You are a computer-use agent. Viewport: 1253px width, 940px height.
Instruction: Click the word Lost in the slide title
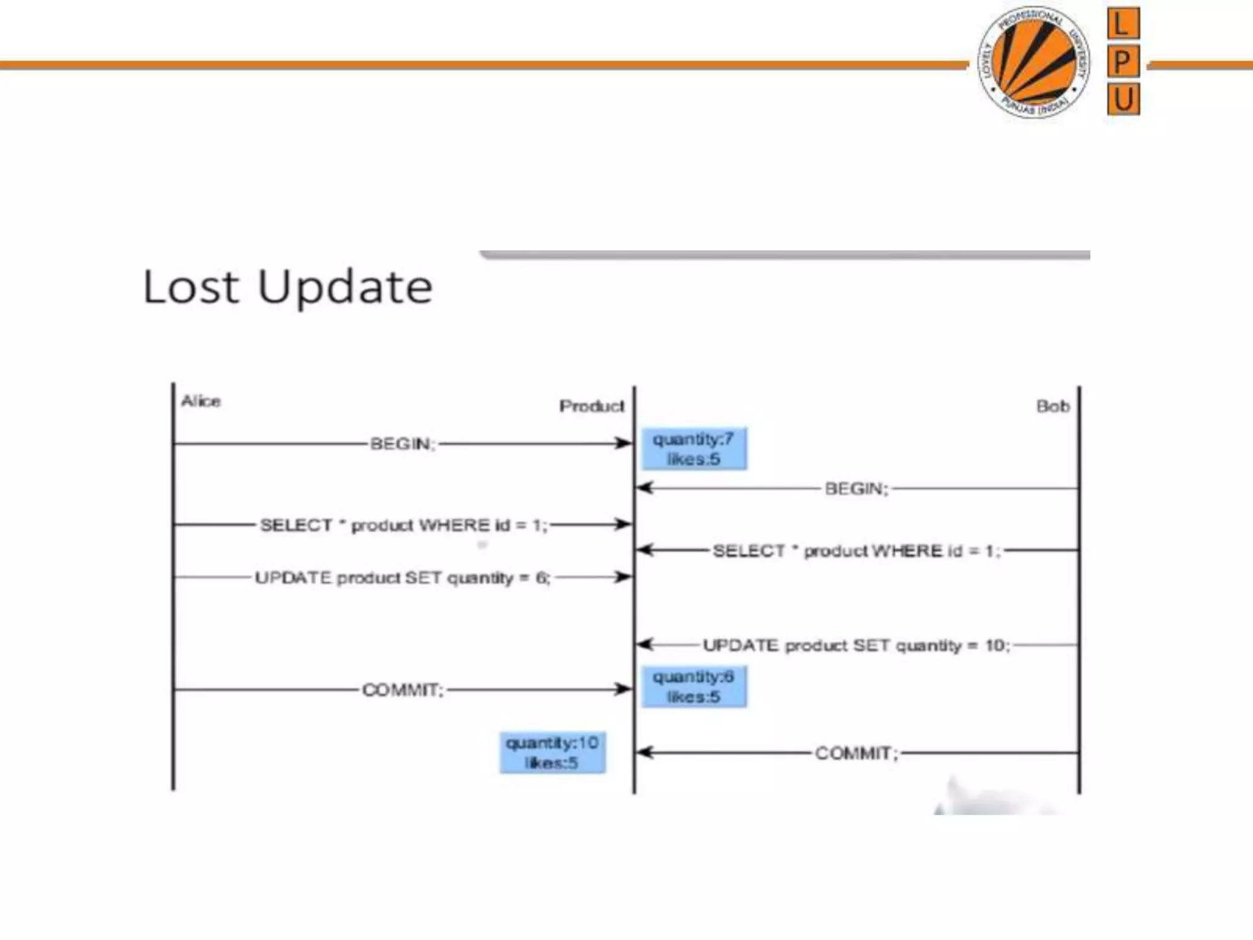click(190, 287)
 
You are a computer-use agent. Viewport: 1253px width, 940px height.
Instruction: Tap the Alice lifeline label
click(201, 401)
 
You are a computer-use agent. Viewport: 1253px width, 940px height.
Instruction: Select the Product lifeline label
click(591, 406)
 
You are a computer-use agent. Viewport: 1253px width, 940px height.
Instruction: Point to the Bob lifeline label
click(1052, 406)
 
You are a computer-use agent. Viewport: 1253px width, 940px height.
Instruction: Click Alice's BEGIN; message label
click(402, 444)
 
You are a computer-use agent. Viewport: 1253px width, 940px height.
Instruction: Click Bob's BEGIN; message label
click(856, 489)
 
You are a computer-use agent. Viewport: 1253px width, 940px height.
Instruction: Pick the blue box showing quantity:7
click(694, 449)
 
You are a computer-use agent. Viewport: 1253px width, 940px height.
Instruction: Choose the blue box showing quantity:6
click(694, 687)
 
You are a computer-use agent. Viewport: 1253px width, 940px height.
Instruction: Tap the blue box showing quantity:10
click(552, 753)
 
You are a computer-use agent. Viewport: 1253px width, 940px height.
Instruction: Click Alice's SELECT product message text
click(403, 525)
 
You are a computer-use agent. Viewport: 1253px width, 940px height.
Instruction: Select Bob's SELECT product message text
click(857, 551)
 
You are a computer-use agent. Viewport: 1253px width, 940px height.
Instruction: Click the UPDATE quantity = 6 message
click(402, 578)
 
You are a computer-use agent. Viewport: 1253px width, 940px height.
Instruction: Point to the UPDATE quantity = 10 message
click(856, 646)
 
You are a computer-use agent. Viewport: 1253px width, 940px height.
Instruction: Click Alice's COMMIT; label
click(402, 690)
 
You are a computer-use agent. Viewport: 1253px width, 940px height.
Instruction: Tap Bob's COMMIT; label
click(856, 753)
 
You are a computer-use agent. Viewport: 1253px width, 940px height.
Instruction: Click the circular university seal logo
click(1033, 62)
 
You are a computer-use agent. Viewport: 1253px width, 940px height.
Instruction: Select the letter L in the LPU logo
click(1123, 24)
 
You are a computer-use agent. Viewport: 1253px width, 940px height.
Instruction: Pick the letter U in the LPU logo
click(1123, 99)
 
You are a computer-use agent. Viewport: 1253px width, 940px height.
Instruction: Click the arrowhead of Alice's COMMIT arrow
click(625, 690)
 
